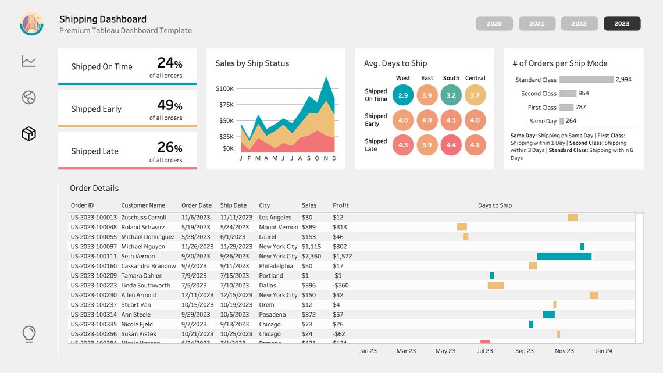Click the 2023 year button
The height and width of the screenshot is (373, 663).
(x=622, y=23)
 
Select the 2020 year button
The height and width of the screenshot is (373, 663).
(x=494, y=23)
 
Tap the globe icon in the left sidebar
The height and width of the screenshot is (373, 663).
(x=29, y=97)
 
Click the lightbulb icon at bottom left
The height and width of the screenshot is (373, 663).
(x=28, y=334)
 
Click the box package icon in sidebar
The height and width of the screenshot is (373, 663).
(x=29, y=134)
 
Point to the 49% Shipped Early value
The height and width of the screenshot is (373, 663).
(x=169, y=105)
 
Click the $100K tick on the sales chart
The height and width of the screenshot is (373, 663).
(x=224, y=89)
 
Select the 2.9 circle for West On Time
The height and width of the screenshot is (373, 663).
(x=403, y=95)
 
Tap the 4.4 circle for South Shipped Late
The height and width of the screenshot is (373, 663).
(x=451, y=145)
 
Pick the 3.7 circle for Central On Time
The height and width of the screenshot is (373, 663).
(x=475, y=95)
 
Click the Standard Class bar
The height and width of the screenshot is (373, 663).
(x=586, y=80)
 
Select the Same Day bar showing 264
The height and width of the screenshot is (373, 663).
(x=561, y=121)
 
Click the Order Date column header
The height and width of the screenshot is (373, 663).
(x=197, y=205)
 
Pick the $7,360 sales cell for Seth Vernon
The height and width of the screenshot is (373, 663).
(x=311, y=256)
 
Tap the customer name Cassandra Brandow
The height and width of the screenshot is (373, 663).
(x=148, y=266)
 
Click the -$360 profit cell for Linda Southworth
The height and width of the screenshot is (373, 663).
(x=341, y=286)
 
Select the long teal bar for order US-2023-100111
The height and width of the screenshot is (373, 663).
(x=564, y=256)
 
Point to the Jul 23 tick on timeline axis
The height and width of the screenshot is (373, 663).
(x=484, y=351)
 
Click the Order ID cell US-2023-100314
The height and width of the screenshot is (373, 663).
(x=94, y=315)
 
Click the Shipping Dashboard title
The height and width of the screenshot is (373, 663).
(x=103, y=20)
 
